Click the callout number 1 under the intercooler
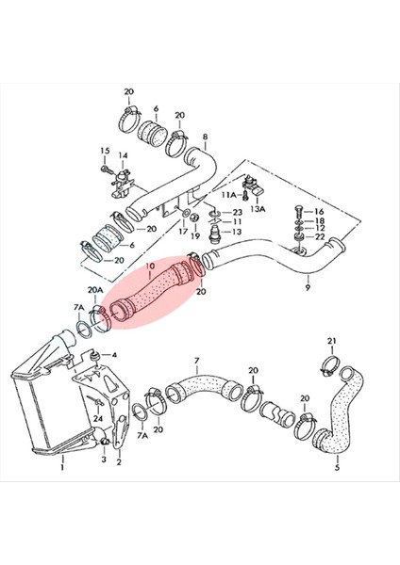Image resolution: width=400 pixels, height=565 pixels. [x=62, y=464]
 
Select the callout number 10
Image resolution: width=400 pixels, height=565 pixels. [x=148, y=267]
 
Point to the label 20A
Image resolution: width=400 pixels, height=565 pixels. [x=95, y=291]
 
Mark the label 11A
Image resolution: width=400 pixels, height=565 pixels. [x=227, y=195]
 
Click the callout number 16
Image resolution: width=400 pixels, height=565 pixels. [x=319, y=212]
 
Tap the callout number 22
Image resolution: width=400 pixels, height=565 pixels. [x=319, y=237]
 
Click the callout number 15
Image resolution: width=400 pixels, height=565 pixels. [x=105, y=151]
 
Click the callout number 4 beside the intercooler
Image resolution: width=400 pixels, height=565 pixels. [x=114, y=355]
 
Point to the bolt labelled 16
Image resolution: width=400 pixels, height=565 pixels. [x=298, y=211]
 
